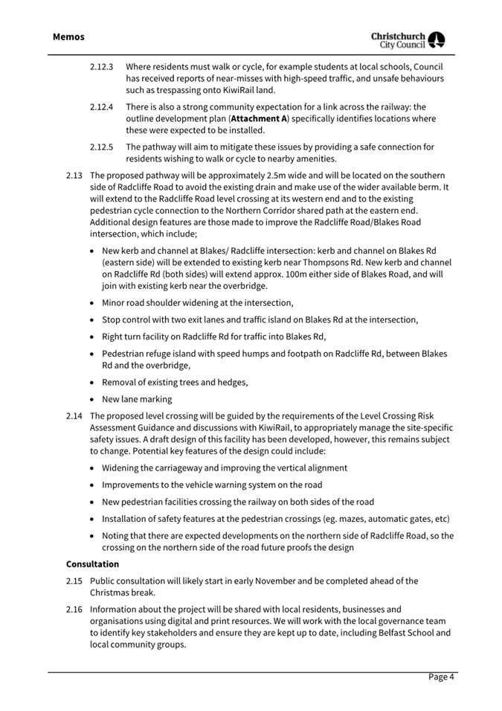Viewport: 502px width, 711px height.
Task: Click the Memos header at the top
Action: [68, 36]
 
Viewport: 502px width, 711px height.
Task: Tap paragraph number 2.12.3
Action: [101, 66]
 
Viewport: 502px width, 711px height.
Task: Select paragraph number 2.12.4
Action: [101, 106]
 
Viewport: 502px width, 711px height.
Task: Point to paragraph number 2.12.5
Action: [101, 147]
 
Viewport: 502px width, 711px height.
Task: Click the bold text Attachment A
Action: [259, 118]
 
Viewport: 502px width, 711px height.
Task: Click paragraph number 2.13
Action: [74, 176]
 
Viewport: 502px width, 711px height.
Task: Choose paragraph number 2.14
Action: [74, 415]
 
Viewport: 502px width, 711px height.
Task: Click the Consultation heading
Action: [92, 564]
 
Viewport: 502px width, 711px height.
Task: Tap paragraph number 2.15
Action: [74, 581]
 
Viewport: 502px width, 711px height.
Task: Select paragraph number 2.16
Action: [74, 609]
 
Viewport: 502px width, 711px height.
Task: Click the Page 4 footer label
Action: [440, 677]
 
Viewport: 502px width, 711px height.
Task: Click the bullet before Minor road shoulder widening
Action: [91, 303]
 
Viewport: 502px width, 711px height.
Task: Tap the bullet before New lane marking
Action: [91, 399]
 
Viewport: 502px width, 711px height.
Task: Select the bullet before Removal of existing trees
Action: [91, 383]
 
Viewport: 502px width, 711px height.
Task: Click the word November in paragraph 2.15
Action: [267, 581]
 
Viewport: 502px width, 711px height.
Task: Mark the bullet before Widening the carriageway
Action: [91, 468]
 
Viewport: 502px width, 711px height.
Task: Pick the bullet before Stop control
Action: [91, 319]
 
